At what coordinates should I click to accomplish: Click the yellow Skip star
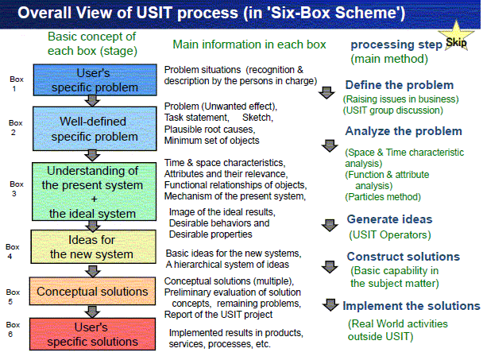tap(456, 38)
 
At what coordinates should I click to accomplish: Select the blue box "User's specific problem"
tap(95, 79)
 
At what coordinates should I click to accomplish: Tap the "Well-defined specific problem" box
tap(95, 129)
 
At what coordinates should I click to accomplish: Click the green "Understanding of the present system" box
tap(94, 192)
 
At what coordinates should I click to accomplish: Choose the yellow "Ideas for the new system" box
tap(93, 247)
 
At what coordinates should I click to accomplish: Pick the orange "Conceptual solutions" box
tap(92, 292)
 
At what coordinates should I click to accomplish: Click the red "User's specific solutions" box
tap(92, 334)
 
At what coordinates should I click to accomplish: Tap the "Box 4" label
tap(13, 251)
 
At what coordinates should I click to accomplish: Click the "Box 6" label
tap(13, 329)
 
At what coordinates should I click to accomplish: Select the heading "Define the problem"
tap(400, 85)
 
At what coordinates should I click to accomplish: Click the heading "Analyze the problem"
tap(404, 131)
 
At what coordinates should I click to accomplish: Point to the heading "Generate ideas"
tap(390, 219)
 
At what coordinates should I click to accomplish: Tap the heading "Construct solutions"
tap(404, 257)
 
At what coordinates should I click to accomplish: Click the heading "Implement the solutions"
tap(412, 306)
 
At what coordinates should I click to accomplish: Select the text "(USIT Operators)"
tap(390, 235)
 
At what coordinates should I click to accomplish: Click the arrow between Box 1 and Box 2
tap(92, 101)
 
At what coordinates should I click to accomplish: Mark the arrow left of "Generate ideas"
tap(330, 226)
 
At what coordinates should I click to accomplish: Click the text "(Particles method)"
tap(383, 197)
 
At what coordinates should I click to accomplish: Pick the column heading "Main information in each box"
tap(249, 45)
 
